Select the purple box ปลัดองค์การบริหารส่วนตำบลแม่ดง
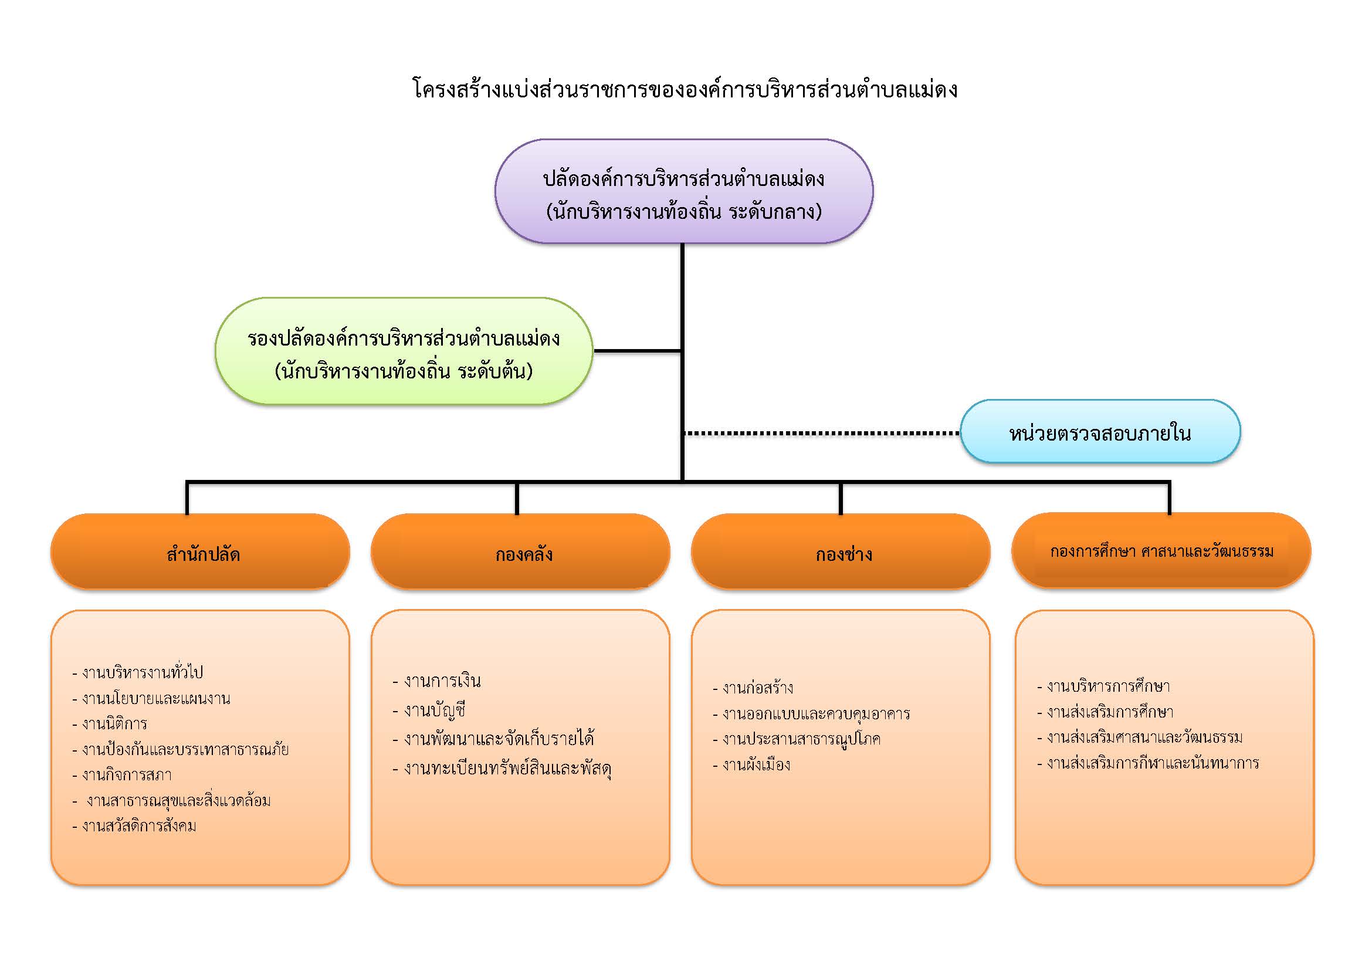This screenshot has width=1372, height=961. pos(683,191)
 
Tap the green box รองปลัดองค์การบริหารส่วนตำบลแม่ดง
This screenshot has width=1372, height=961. pos(404,351)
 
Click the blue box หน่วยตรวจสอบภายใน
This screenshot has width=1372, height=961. pos(1100,431)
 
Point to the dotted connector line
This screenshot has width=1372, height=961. pos(822,433)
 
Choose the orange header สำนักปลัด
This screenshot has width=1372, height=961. pos(200,551)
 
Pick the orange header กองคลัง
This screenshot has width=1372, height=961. pos(520,551)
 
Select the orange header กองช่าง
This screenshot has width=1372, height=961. pos(841,551)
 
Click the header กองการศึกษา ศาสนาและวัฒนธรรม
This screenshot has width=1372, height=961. pos(1161,550)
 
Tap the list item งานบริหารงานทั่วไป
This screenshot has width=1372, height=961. pos(138,672)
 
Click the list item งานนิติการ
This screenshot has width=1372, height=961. pos(110,724)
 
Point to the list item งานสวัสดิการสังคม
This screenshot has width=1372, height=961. pos(134,826)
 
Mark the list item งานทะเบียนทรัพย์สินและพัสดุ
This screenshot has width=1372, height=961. pos(502,768)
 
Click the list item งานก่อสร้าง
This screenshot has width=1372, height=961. pos(753,688)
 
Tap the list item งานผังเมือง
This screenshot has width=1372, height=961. pos(752,764)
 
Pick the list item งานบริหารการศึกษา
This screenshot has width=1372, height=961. pos(1104,686)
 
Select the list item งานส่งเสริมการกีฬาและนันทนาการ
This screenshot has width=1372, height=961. pos(1148,763)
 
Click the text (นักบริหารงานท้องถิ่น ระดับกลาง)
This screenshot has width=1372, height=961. pos(684,212)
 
